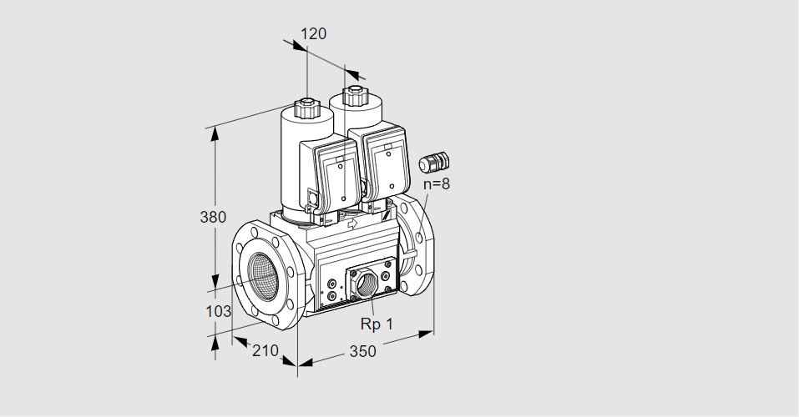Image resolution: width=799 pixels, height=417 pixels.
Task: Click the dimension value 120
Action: tap(313, 33)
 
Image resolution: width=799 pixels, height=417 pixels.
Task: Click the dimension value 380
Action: tap(213, 217)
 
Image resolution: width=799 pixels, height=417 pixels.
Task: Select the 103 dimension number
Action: tap(218, 311)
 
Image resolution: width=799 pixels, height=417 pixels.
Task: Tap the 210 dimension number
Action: tap(265, 350)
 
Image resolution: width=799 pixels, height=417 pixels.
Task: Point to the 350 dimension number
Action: tap(362, 351)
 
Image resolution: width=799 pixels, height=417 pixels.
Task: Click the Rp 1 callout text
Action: tap(377, 324)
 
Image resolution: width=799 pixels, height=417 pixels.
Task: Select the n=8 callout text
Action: tap(437, 183)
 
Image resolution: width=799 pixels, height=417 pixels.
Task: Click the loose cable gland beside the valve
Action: tap(433, 162)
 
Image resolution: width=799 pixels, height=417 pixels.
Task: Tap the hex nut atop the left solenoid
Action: tap(306, 107)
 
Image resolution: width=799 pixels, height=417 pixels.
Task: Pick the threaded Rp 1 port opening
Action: tap(366, 284)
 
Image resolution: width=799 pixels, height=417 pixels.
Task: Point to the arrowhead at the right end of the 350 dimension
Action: tap(426, 334)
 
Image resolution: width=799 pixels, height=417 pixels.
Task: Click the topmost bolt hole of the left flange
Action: tap(255, 233)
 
